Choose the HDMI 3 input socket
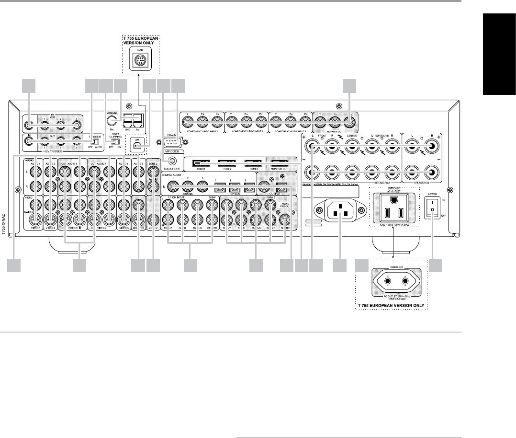[x=253, y=164]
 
